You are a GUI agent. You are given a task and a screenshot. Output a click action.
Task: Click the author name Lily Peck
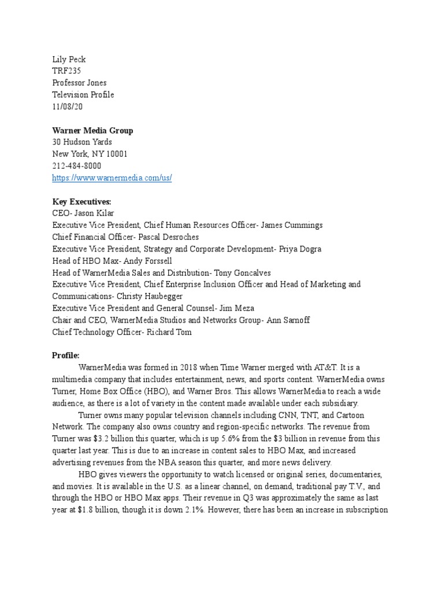pos(69,60)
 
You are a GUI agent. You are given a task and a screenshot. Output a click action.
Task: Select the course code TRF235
pos(66,71)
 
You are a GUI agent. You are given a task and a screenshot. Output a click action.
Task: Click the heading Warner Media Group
pos(92,131)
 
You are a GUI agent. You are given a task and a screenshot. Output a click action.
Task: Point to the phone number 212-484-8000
pos(77,166)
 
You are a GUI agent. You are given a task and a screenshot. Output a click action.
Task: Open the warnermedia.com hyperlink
pos(112,178)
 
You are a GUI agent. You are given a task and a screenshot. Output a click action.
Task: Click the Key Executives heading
pos(82,202)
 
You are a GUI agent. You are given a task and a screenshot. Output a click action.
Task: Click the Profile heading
pos(66,356)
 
